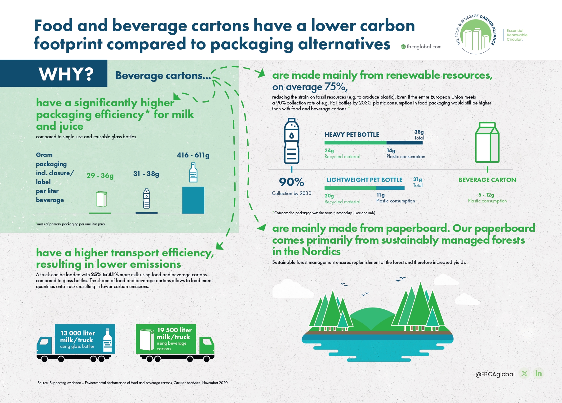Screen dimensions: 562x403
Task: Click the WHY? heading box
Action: (54, 73)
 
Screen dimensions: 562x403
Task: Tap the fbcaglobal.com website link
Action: (421, 46)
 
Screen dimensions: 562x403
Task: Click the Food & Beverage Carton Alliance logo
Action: (476, 34)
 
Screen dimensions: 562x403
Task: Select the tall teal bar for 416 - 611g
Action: (193, 200)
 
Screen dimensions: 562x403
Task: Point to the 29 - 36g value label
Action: (100, 175)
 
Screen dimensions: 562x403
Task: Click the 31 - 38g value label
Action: (146, 174)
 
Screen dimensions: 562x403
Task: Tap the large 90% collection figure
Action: (291, 182)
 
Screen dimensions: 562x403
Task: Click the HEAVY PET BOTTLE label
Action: (352, 135)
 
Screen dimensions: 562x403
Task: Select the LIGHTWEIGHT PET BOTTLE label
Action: (365, 180)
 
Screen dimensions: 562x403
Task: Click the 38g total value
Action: (419, 132)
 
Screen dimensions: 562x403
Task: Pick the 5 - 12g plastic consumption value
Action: (486, 195)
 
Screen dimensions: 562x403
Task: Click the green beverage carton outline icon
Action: (487, 142)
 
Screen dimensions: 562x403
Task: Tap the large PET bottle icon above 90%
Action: (292, 141)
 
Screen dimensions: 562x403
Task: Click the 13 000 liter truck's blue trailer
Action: (85, 339)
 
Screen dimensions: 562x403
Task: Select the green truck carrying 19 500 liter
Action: (175, 343)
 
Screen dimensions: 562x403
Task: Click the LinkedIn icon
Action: (539, 374)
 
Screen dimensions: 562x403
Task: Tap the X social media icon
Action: (524, 374)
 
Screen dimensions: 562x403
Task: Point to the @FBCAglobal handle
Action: (495, 374)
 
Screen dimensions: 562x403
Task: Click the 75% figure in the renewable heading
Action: (336, 87)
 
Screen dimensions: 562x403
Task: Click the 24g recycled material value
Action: (329, 151)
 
